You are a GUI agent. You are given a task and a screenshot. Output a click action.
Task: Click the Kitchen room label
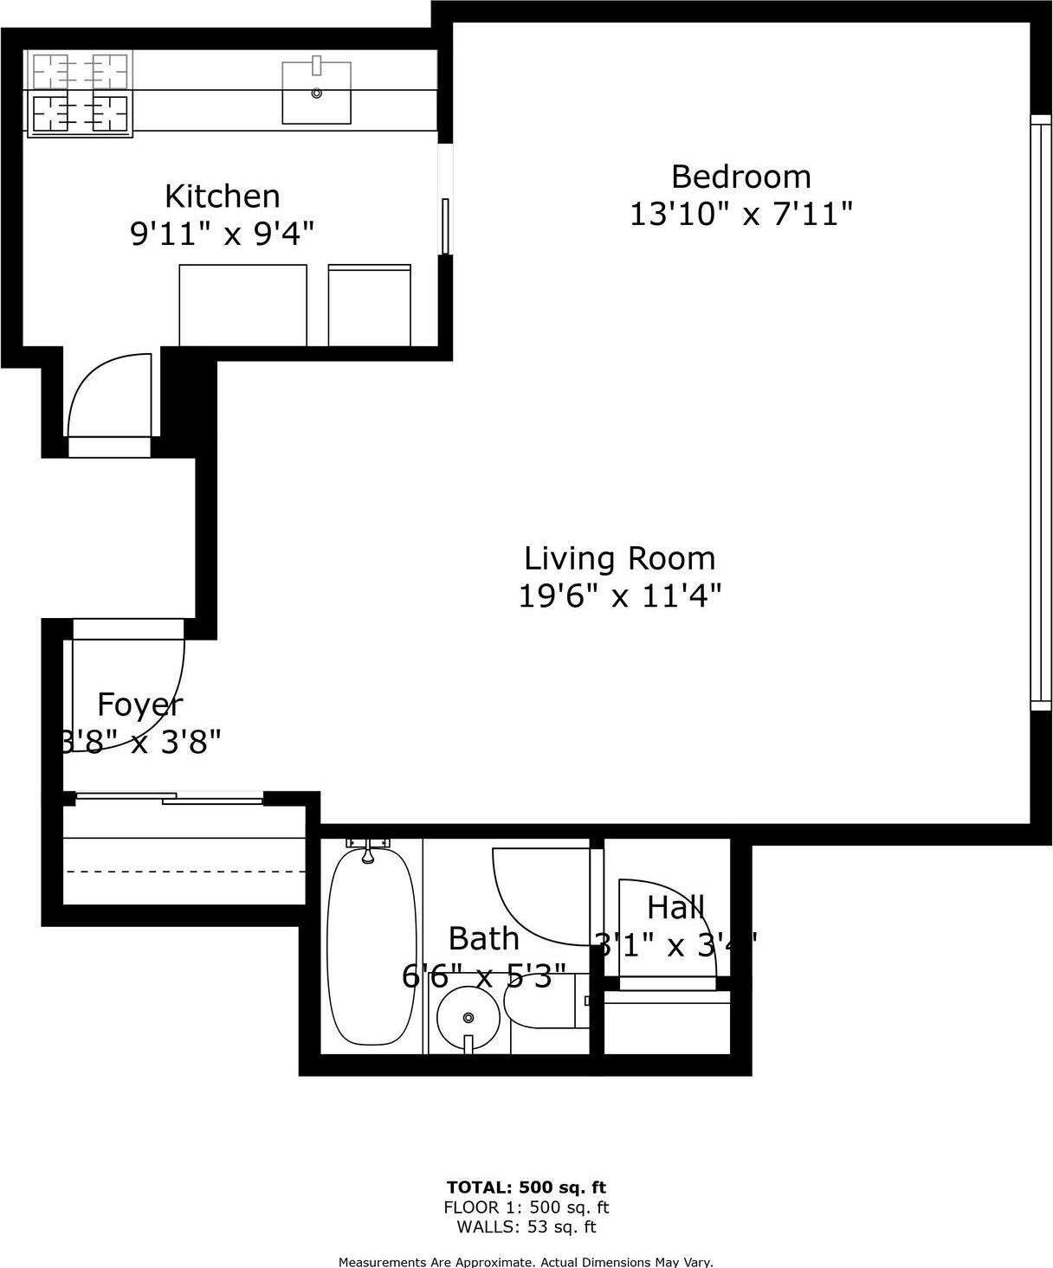pos(222,196)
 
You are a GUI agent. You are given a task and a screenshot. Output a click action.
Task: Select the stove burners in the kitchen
pos(81,93)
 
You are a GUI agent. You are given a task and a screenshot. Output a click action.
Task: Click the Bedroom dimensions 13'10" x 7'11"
pos(740,213)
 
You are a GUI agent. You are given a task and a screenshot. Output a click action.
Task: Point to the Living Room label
pos(619,558)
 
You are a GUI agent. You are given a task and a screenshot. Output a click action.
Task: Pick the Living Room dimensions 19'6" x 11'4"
pos(619,595)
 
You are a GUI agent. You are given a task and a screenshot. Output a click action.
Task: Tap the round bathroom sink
pos(468,1018)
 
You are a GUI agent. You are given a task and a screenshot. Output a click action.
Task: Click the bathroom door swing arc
pos(528,900)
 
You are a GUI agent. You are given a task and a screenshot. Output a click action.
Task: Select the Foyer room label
pos(139,705)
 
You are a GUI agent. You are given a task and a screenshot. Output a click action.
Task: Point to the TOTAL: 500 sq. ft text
pos(526,1187)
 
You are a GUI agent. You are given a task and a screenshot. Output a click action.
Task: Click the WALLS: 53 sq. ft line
pos(526,1226)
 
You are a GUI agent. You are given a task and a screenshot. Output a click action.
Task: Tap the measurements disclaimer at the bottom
pos(526,1262)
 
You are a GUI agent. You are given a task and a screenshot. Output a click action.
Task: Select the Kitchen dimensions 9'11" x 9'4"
pos(222,234)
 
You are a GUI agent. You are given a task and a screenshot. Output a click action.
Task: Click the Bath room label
pos(483,938)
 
